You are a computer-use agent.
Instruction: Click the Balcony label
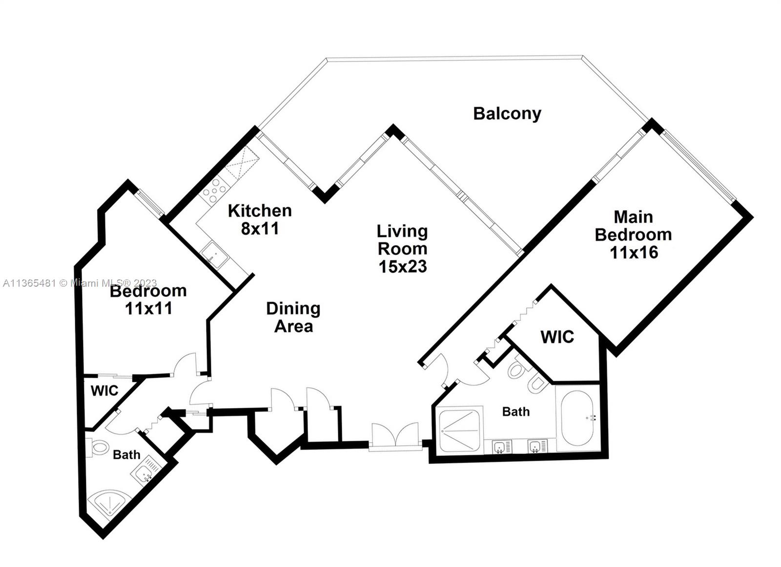507,114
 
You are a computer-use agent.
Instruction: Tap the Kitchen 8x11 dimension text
260,229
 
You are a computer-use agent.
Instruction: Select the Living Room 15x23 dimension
403,267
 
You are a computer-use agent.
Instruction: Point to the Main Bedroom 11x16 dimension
634,253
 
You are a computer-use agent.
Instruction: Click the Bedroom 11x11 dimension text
148,308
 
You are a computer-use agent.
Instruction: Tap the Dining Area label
293,317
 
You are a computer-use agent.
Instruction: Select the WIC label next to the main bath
557,337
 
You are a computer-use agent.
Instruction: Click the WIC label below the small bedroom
104,391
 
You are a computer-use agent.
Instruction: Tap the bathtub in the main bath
577,418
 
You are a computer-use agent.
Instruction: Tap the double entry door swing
395,435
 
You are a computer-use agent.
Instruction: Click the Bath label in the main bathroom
516,411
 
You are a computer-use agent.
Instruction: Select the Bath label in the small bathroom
126,454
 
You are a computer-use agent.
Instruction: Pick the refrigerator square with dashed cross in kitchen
241,163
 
